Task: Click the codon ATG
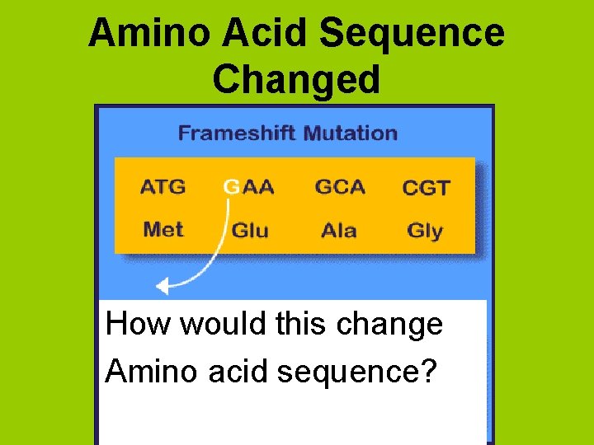tap(163, 187)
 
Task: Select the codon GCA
tap(339, 187)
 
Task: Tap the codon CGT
tap(426, 188)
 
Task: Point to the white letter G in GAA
tap(231, 187)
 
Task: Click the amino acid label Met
tap(163, 229)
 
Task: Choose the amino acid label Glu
tap(250, 230)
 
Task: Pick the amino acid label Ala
tap(339, 230)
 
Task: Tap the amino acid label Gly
tap(425, 231)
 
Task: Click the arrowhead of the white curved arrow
tap(163, 287)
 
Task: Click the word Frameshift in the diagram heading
tap(238, 133)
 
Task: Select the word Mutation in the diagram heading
tap(350, 133)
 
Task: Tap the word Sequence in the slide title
tap(412, 34)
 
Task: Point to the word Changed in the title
tap(296, 79)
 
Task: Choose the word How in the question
tap(139, 324)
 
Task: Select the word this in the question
tap(302, 324)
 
